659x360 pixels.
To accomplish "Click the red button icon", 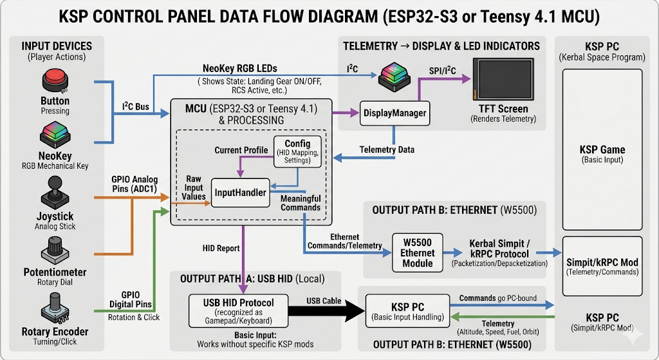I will coord(55,82).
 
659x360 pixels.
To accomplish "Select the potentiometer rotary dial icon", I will coord(55,249).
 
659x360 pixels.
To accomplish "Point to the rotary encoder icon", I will coord(55,308).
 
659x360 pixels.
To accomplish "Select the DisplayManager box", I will coord(394,113).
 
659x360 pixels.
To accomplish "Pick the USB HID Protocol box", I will coord(238,311).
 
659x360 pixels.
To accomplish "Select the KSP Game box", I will coord(602,153).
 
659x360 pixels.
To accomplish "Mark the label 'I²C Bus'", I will coord(136,106).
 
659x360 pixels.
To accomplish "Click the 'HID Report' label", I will coord(220,248).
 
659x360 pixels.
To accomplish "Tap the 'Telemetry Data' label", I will coord(387,149).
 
